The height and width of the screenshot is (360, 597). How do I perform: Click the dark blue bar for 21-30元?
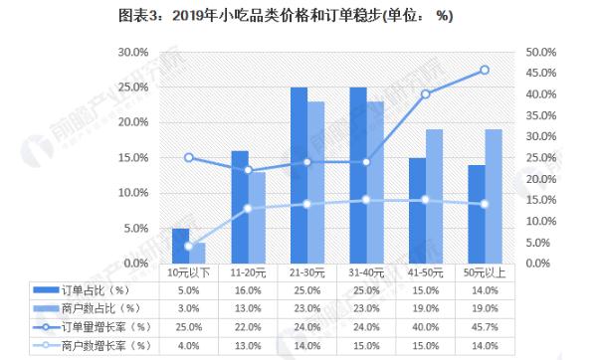(x=298, y=175)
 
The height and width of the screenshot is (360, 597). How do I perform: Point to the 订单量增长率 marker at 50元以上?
(x=485, y=70)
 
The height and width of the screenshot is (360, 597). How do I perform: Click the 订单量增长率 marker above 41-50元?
(x=426, y=94)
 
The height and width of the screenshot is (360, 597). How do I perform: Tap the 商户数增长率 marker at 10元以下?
(x=189, y=246)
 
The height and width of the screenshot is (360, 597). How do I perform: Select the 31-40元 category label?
(x=366, y=271)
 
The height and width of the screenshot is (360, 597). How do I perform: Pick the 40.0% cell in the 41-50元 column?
(x=425, y=326)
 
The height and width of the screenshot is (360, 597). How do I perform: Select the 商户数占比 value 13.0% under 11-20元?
(x=247, y=308)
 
